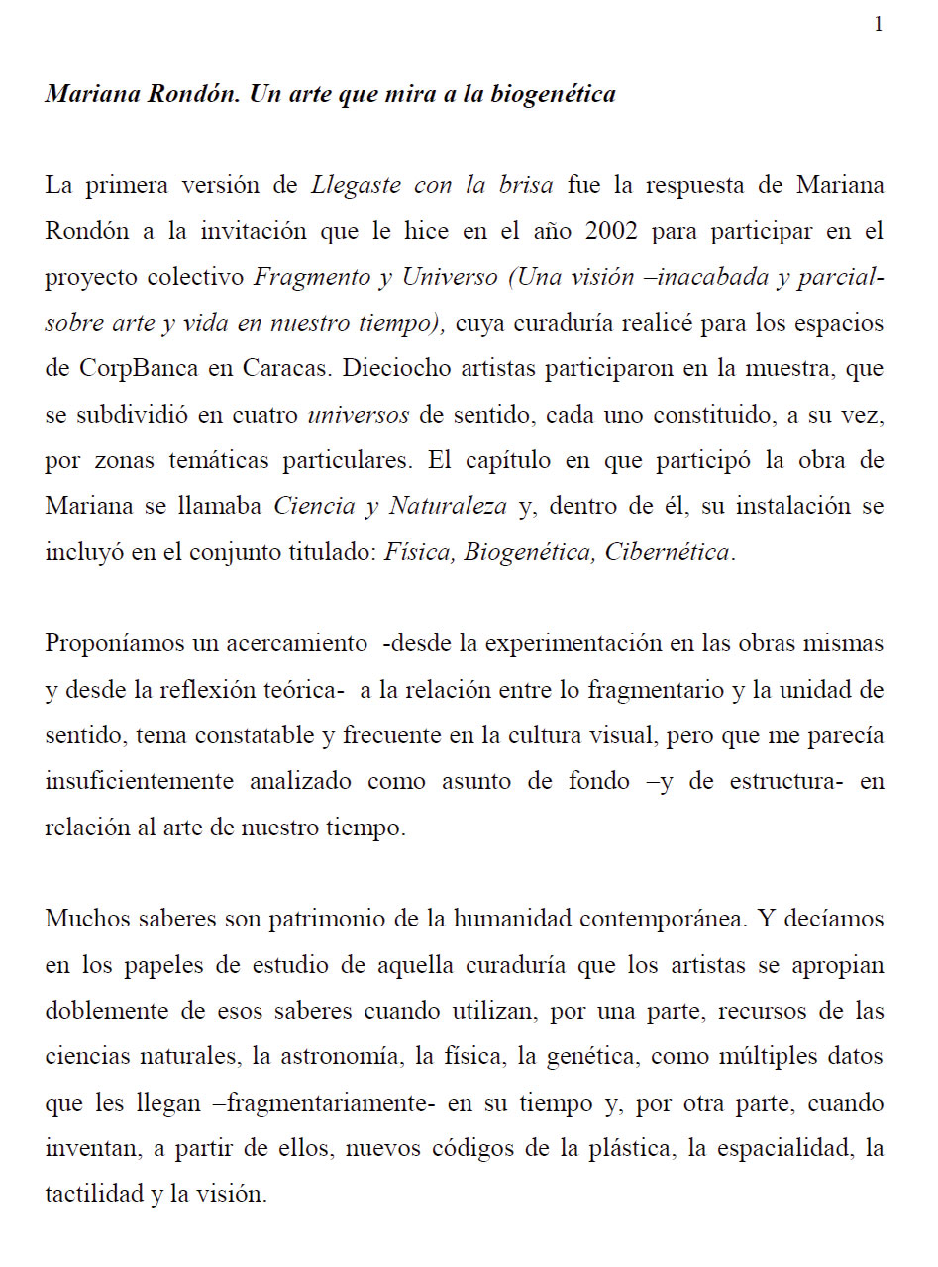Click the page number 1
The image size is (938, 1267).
(x=878, y=25)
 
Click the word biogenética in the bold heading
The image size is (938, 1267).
(x=553, y=95)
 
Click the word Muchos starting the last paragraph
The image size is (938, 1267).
(x=85, y=920)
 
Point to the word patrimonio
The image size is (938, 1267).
(x=326, y=920)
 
